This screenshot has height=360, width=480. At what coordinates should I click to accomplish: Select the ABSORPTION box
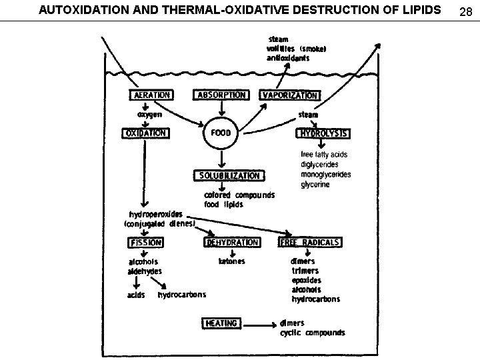(x=221, y=95)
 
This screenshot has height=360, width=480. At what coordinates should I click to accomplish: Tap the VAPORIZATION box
(x=289, y=95)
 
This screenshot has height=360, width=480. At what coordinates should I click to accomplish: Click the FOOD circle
(x=221, y=133)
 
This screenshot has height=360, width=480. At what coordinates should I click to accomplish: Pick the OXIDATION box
(x=145, y=133)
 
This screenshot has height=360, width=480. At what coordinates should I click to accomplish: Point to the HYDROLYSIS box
(x=323, y=133)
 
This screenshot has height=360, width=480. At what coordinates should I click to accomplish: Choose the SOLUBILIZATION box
(x=229, y=175)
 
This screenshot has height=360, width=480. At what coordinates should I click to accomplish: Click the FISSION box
(x=143, y=242)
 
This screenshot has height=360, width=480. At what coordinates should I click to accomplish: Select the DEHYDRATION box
(x=232, y=242)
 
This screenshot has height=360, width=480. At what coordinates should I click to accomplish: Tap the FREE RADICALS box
(x=310, y=242)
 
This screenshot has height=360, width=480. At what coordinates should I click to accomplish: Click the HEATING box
(x=221, y=323)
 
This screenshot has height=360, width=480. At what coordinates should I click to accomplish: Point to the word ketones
(x=231, y=261)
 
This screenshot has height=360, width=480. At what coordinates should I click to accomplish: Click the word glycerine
(x=315, y=184)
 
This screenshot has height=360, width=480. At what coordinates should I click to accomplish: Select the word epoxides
(x=306, y=280)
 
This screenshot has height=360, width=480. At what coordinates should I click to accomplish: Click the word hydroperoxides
(x=154, y=214)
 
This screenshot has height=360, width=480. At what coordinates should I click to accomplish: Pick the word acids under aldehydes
(x=136, y=295)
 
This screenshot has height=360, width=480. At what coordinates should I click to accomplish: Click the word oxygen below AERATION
(x=149, y=114)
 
